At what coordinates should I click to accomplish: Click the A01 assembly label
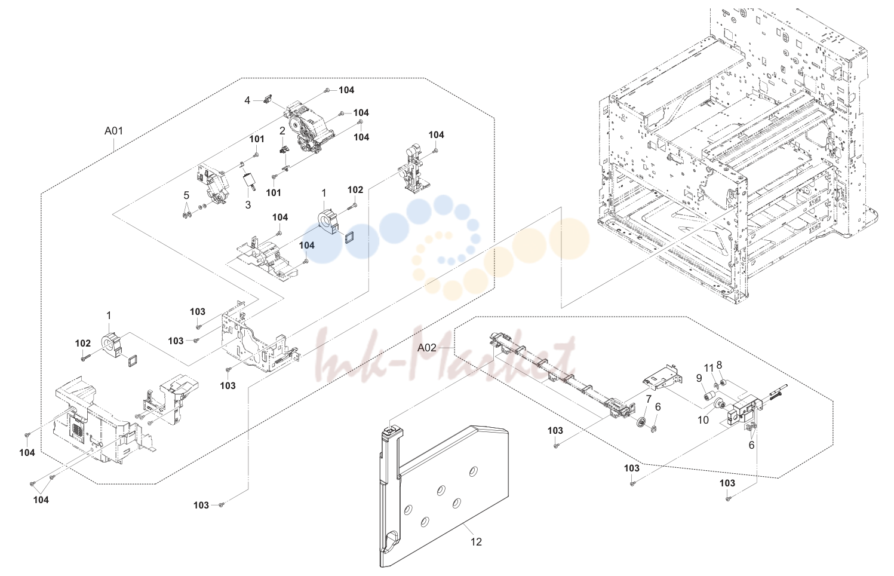pos(113,131)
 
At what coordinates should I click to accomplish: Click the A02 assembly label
pos(426,348)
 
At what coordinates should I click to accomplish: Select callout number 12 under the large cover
pos(476,542)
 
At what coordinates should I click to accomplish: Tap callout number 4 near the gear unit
pos(247,100)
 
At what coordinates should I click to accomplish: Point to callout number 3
pos(248,205)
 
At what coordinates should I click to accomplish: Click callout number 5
pos(186,195)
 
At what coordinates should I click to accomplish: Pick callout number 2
pos(282,131)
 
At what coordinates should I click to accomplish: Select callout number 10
pos(703,420)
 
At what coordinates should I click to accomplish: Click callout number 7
pos(649,399)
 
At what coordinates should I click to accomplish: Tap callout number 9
pos(699,378)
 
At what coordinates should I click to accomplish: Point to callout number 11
pos(708,367)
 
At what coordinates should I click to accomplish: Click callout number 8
pos(719,364)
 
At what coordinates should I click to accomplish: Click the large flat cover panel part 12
pos(443,495)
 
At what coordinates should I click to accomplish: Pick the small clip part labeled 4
pos(268,98)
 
